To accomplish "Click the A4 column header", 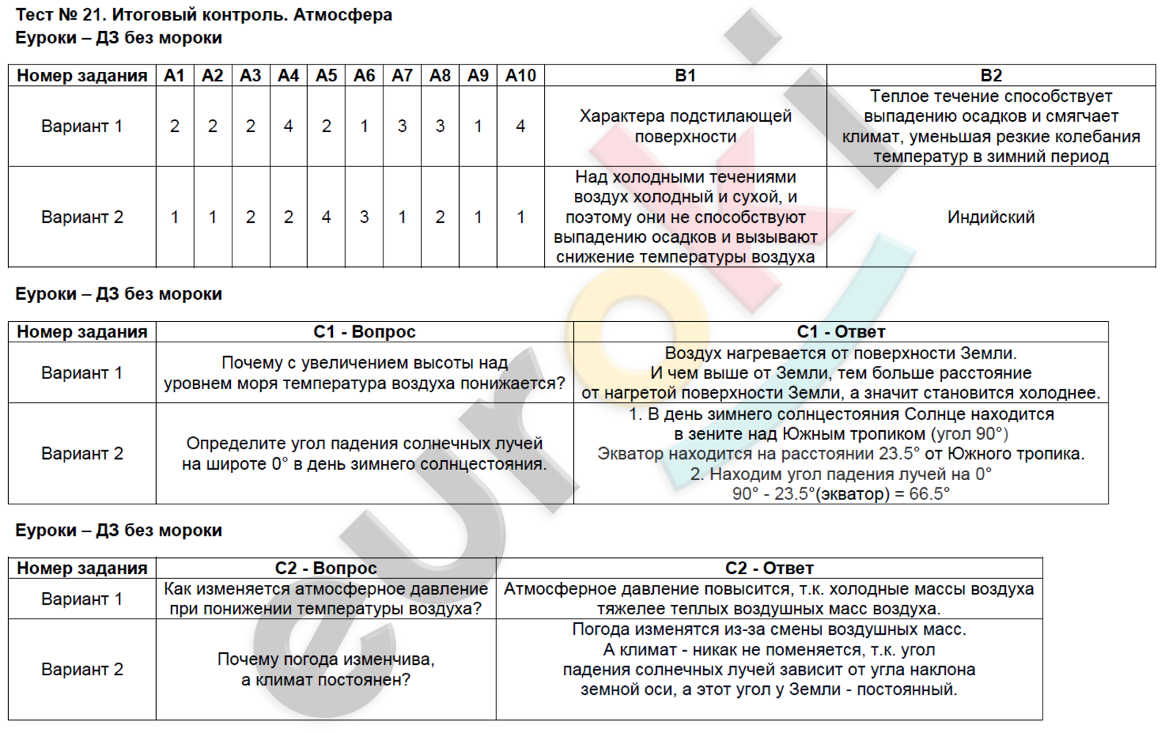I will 288,75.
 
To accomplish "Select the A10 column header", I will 521,75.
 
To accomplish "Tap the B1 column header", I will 685,75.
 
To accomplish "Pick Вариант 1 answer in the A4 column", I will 288,126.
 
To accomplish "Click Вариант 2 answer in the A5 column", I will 326,217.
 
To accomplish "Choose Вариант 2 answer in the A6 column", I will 364,217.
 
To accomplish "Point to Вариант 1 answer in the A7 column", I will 402,126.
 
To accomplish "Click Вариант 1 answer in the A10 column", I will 521,126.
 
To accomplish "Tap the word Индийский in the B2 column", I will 991,217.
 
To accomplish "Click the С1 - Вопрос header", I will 364,332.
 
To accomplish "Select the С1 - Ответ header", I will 840,332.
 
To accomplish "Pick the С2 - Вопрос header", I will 326,568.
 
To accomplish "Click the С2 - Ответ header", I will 769,568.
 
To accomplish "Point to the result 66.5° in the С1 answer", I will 929,494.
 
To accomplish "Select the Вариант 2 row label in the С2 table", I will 82,669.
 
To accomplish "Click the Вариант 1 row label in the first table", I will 82,126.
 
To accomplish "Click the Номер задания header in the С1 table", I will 82,332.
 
